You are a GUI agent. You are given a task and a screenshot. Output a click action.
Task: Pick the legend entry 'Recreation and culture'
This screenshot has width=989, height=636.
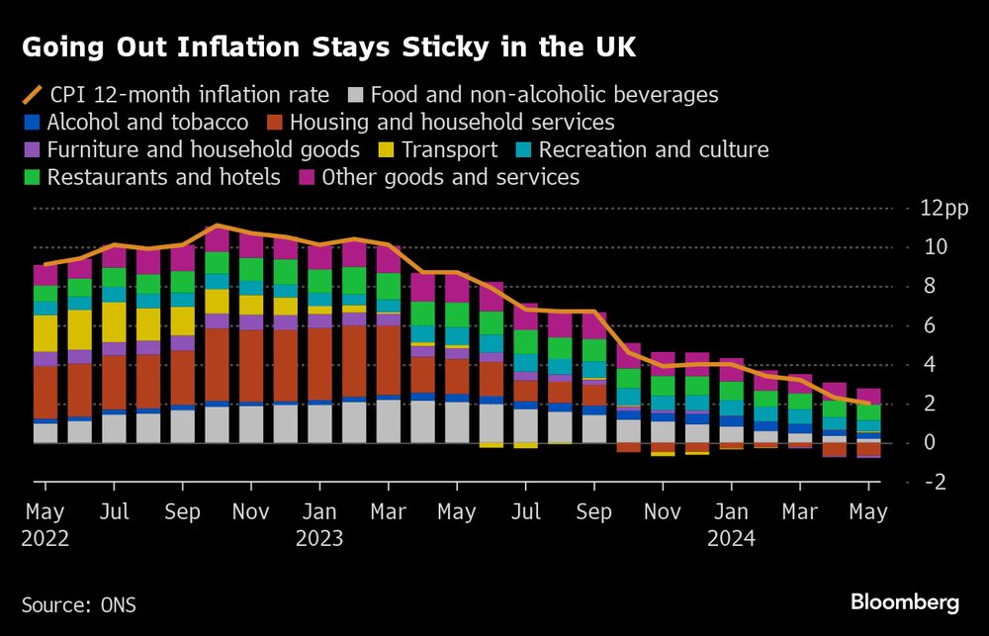coord(654,150)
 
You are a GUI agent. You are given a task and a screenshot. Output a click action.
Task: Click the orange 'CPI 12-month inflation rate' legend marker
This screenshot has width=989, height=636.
coord(32,96)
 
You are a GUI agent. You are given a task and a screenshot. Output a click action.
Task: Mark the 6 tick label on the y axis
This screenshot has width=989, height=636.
coord(929,325)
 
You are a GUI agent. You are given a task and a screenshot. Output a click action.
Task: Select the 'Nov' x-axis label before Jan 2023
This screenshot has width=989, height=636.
coord(251,513)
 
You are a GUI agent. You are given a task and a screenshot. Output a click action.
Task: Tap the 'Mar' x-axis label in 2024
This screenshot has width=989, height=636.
coord(799,513)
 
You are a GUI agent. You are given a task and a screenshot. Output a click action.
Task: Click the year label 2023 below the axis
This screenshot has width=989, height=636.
coord(318,539)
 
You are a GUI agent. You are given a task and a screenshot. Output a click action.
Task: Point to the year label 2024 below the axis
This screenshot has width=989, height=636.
coord(731,539)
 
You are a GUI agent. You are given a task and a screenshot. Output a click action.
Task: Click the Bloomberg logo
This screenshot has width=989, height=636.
coord(905,601)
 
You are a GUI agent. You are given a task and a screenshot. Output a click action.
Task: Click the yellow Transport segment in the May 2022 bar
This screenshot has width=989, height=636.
coord(45,333)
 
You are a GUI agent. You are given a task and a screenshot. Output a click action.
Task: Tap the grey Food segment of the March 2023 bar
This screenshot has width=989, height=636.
coord(389,421)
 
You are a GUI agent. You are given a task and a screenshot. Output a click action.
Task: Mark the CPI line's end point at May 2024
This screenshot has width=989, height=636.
coord(868,404)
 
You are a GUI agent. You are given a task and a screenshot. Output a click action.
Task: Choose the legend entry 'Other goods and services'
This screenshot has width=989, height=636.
coord(450,178)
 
